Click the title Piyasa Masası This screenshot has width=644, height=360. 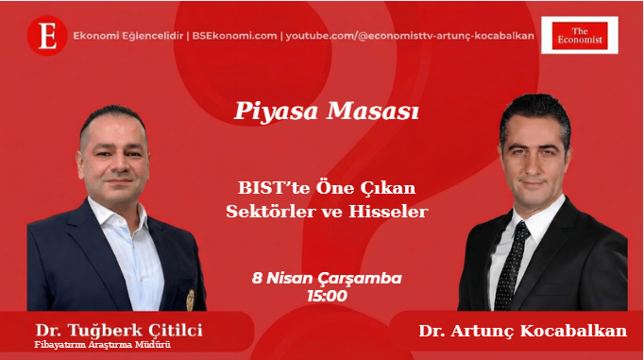click(326, 111)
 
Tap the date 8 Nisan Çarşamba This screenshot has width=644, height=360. click(327, 279)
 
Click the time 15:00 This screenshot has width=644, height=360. click(327, 296)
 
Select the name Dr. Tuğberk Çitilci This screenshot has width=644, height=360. click(119, 330)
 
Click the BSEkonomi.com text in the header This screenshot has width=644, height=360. click(233, 36)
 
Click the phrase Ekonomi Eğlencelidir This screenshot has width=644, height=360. click(129, 36)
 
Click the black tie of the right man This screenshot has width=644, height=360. click(511, 265)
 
